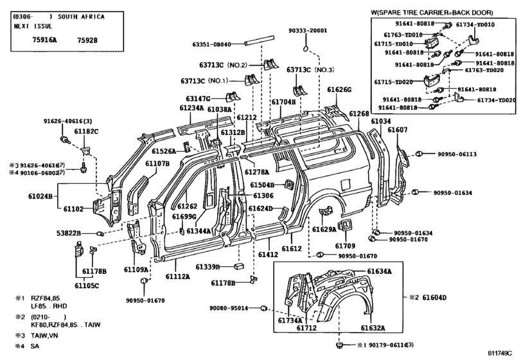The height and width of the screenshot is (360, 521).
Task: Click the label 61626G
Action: pyautogui.click(x=339, y=90)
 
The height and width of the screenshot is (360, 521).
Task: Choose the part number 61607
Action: pyautogui.click(x=398, y=130)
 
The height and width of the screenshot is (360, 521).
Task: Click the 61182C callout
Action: pyautogui.click(x=85, y=132)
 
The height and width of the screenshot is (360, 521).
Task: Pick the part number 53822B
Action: pyautogui.click(x=68, y=233)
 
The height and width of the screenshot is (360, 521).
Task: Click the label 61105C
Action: pyautogui.click(x=87, y=285)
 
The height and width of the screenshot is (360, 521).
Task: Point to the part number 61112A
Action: pyautogui.click(x=177, y=276)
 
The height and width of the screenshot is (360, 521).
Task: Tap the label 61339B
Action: pyautogui.click(x=209, y=266)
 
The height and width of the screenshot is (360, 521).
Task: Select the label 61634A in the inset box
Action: pyautogui.click(x=380, y=271)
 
